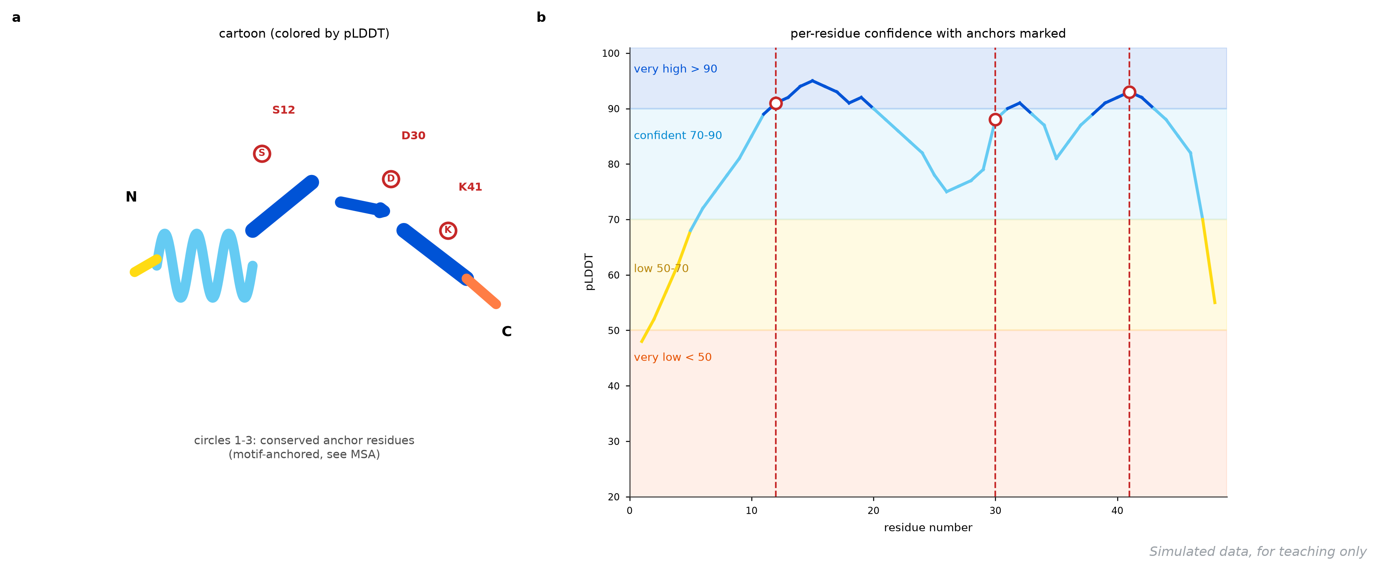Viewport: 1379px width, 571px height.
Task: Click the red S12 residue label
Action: click(283, 110)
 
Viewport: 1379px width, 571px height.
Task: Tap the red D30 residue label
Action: click(413, 135)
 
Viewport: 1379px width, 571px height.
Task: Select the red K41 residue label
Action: click(470, 187)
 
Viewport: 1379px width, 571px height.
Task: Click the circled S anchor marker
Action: click(262, 154)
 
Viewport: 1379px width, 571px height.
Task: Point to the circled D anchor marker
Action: click(391, 179)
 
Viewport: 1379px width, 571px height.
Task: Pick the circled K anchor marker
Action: click(448, 230)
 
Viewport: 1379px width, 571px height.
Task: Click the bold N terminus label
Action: click(131, 197)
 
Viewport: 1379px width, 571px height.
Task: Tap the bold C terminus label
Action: click(506, 331)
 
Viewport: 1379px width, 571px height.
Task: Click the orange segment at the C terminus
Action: click(481, 292)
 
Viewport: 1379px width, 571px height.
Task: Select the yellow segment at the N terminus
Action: click(146, 266)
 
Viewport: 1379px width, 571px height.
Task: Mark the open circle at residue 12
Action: click(776, 103)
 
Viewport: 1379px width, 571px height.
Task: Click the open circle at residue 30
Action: click(995, 120)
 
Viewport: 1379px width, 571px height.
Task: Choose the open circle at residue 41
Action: click(1129, 92)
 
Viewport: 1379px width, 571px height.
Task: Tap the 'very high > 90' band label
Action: click(675, 69)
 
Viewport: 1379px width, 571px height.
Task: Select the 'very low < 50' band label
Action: click(673, 357)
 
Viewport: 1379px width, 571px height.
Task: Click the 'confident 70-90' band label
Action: click(678, 135)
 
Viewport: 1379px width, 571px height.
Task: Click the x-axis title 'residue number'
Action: click(928, 528)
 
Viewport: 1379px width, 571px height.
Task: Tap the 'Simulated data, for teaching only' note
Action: click(1258, 552)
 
